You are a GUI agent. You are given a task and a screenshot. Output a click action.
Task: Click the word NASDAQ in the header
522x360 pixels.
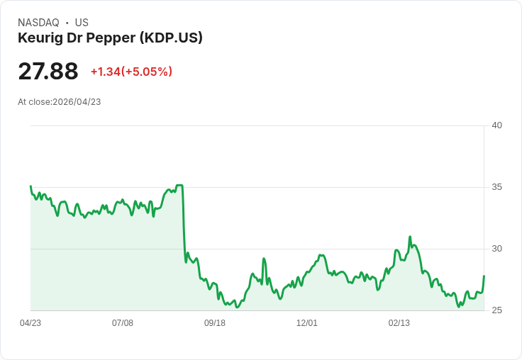coord(38,23)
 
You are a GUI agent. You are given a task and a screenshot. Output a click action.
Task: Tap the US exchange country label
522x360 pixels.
coord(82,23)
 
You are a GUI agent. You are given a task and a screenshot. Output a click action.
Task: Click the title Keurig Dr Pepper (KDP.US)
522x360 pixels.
coord(110,38)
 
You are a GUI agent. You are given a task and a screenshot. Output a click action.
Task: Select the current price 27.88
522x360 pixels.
coord(48,72)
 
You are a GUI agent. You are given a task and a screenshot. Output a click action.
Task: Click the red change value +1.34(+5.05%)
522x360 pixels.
coord(131,72)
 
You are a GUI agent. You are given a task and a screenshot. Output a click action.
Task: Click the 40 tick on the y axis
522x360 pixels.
coord(496,125)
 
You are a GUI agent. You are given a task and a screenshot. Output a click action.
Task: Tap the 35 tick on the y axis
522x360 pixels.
coord(496,187)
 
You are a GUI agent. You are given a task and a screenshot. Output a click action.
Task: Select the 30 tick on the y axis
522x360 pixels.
coord(496,249)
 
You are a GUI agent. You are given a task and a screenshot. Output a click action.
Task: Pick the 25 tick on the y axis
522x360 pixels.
coord(496,310)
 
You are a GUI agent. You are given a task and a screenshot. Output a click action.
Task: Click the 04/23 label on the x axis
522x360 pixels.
coord(30,323)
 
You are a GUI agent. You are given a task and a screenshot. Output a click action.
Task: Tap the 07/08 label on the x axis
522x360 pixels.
coord(123,323)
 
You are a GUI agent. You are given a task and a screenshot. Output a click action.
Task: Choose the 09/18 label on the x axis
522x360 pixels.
coord(215,323)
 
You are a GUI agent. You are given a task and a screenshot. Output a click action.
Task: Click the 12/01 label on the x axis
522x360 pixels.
coord(307,323)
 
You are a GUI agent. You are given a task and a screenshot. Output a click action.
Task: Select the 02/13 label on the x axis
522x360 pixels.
coord(399,323)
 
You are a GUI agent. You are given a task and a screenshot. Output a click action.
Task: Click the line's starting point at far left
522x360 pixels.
coord(30,186)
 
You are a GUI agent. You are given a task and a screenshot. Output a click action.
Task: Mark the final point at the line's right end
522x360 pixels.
coord(484,276)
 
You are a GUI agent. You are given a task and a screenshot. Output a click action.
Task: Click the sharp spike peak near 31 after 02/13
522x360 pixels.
coord(410,237)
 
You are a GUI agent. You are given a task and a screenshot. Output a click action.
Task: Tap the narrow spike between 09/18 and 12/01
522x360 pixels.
coord(264,259)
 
